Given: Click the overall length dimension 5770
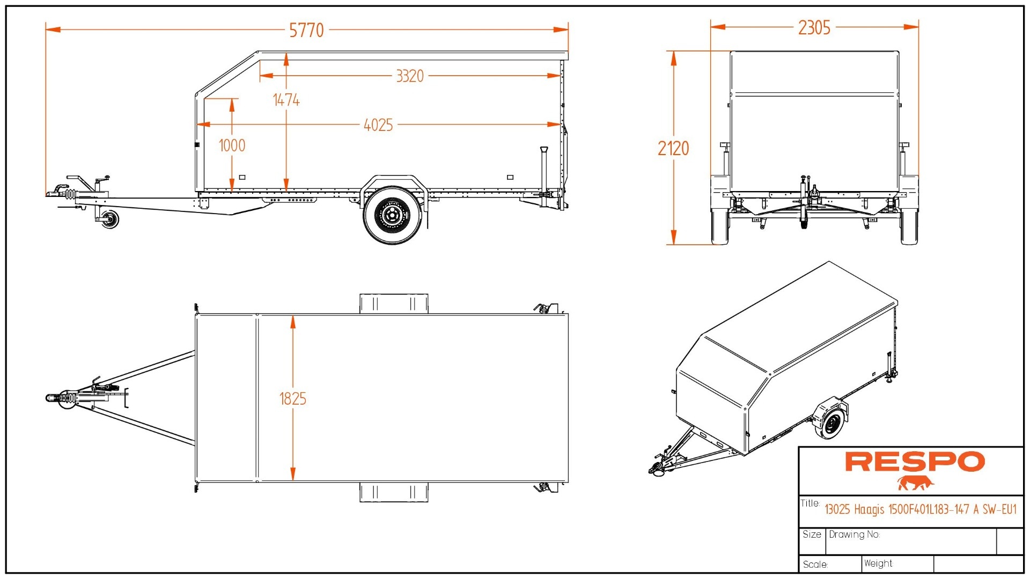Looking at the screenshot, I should coord(306,30).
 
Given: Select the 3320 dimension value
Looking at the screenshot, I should coord(410,76).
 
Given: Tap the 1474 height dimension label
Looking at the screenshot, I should coord(286,100).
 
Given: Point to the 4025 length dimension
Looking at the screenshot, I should coord(378,125).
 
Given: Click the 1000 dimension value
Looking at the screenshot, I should coord(232,145).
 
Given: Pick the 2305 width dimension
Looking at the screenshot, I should coord(814,27).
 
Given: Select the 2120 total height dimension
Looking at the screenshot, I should coord(673,148).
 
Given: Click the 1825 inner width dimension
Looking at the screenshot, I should coord(293,399).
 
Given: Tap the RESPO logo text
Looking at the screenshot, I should coord(915,461).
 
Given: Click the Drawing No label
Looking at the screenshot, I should coord(854,534).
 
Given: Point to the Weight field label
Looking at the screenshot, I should coord(878,563).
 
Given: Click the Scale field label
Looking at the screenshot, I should coord(815,565).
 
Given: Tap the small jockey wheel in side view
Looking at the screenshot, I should coord(110,219).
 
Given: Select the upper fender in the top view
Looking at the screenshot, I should coord(394,304).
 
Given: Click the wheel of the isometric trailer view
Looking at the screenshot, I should coord(831,424).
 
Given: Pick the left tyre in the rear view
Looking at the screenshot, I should coord(719,226).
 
